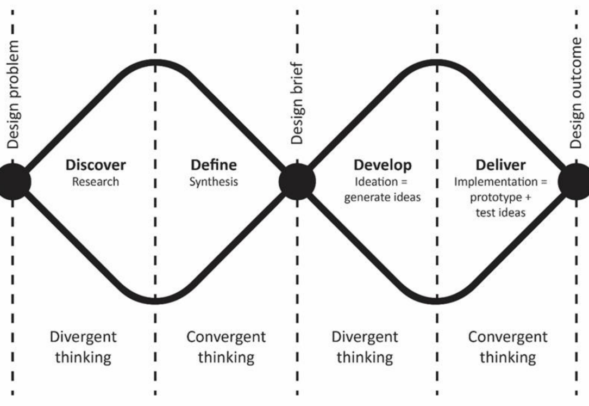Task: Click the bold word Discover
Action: [96, 164]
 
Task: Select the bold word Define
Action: [214, 164]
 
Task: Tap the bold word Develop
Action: [383, 164]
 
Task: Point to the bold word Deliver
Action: [500, 164]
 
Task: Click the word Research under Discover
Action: [96, 181]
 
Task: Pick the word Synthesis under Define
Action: [214, 181]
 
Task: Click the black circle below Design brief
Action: [297, 181]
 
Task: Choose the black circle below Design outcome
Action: [575, 181]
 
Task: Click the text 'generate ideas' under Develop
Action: [383, 197]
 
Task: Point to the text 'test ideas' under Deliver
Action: [500, 213]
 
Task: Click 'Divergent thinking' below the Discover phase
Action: [83, 347]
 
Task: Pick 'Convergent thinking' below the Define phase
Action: [226, 347]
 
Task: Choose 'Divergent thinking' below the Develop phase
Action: [365, 347]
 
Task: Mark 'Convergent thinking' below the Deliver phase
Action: [507, 347]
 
